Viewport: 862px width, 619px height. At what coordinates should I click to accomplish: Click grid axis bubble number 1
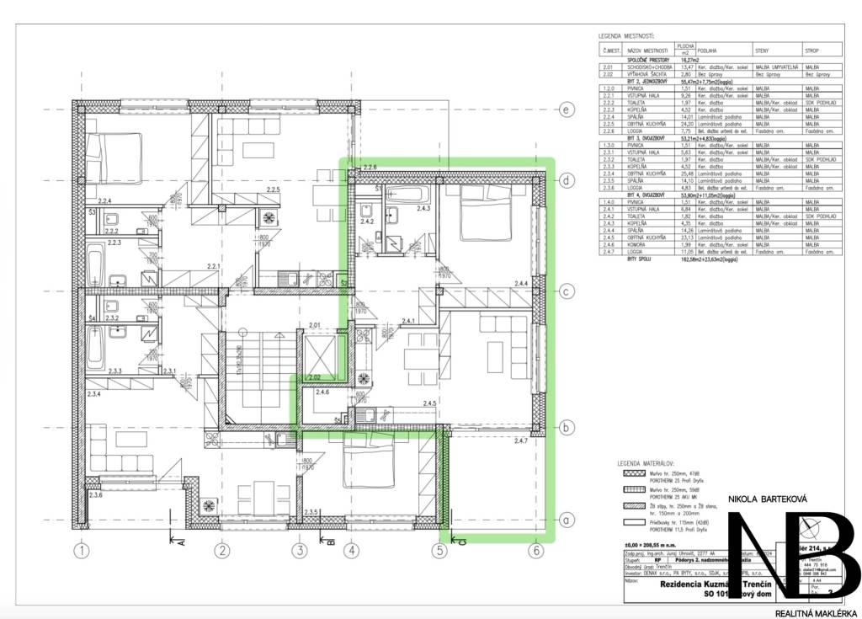[x=81, y=552]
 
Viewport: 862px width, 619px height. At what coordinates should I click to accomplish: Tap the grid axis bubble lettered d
[x=567, y=180]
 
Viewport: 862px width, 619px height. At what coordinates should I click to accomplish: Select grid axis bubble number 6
[x=535, y=552]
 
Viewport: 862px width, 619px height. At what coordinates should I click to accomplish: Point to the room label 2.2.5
[x=271, y=191]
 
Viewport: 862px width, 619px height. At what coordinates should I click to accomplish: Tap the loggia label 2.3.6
[x=97, y=494]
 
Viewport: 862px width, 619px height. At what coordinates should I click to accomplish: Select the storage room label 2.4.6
[x=322, y=392]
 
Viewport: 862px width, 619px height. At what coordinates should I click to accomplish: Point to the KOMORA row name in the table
[x=641, y=243]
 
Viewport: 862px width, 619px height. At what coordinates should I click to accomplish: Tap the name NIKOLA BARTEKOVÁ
[x=767, y=500]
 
